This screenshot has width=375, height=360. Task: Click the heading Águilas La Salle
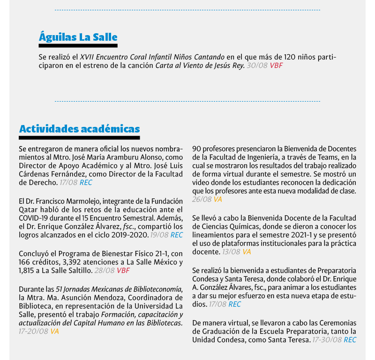pyautogui.click(x=78, y=37)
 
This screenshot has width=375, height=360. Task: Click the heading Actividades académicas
pyautogui.click(x=79, y=129)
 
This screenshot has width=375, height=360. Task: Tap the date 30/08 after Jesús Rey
pyautogui.click(x=257, y=66)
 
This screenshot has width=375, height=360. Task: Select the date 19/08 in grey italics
pyautogui.click(x=159, y=235)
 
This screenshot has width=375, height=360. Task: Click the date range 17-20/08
pyautogui.click(x=34, y=331)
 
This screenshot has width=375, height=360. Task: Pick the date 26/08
pyautogui.click(x=202, y=199)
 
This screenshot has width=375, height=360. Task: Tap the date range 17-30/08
pyautogui.click(x=327, y=340)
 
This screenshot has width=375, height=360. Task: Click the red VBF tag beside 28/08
pyautogui.click(x=123, y=270)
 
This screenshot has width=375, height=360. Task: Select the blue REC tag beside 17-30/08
pyautogui.click(x=350, y=340)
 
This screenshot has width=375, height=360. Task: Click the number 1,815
pyautogui.click(x=28, y=270)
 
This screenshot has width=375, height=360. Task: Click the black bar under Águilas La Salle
pyautogui.click(x=78, y=46)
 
